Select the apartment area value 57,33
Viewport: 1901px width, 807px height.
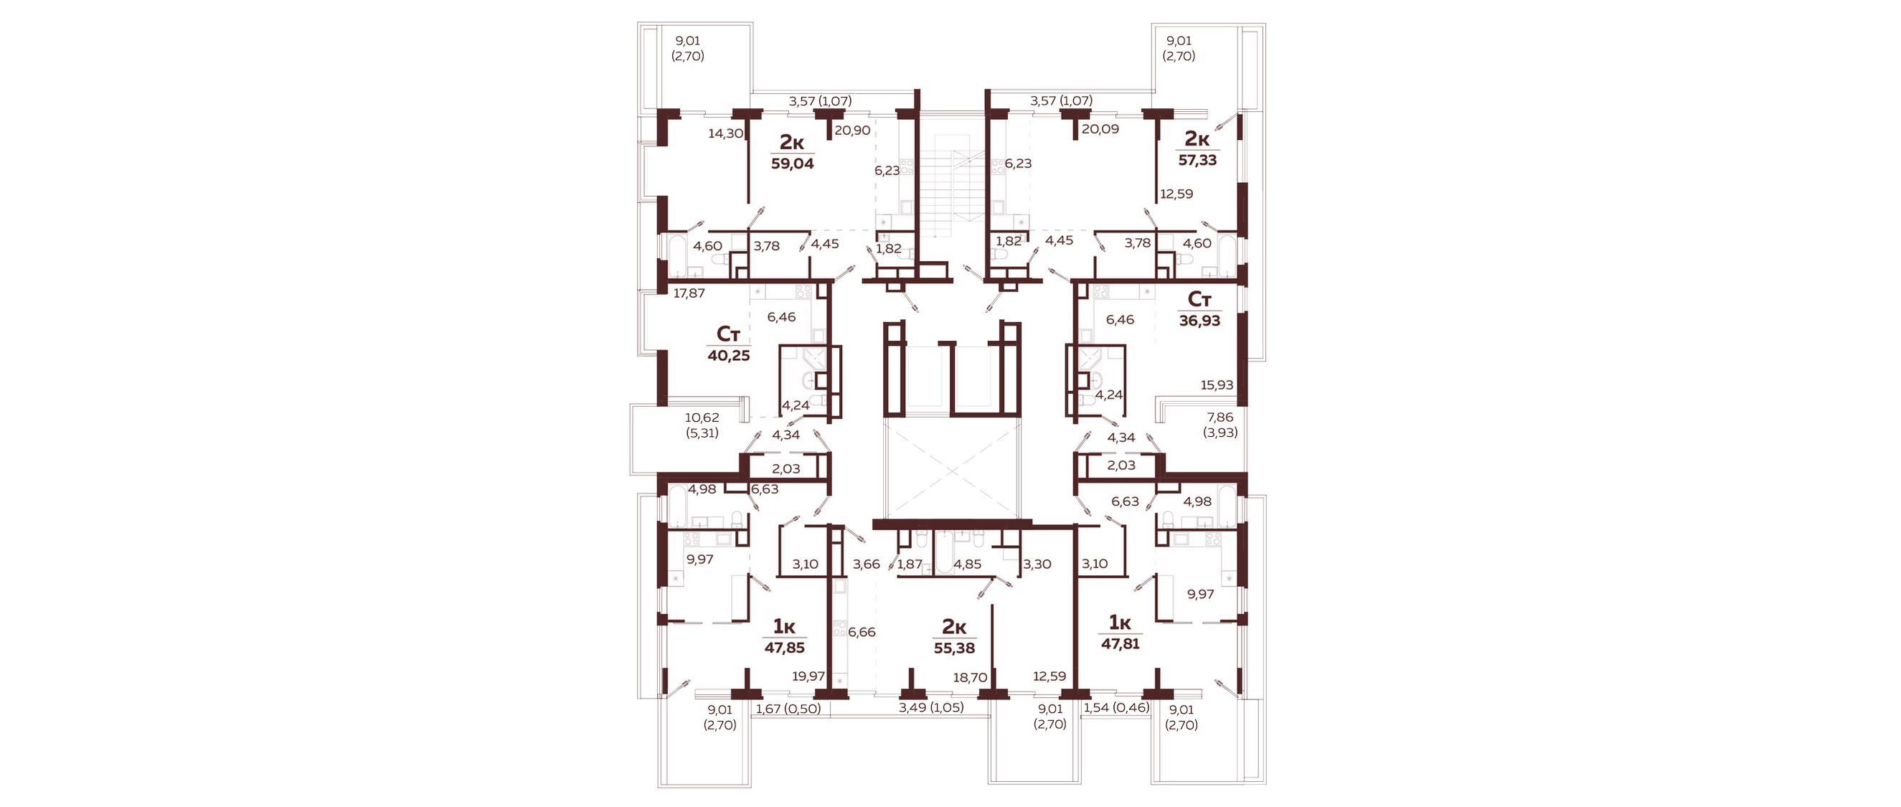tap(1197, 160)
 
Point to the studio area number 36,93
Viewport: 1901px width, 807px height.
tap(1199, 321)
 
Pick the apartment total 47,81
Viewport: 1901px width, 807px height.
tap(1121, 644)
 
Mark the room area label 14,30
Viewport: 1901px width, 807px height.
tap(209, 133)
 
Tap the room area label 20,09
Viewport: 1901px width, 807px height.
tap(1100, 129)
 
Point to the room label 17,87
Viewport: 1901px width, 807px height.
tap(173, 293)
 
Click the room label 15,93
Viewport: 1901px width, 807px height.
tap(1217, 385)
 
